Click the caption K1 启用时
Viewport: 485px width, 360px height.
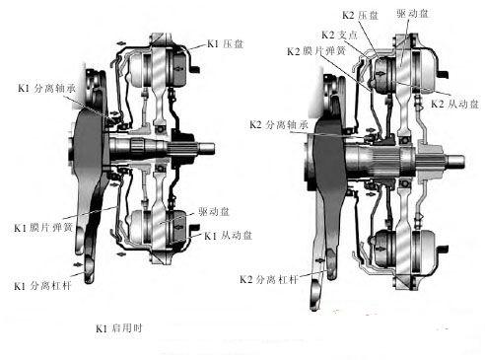coord(117,327)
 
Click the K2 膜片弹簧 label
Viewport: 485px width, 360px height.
coord(314,50)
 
